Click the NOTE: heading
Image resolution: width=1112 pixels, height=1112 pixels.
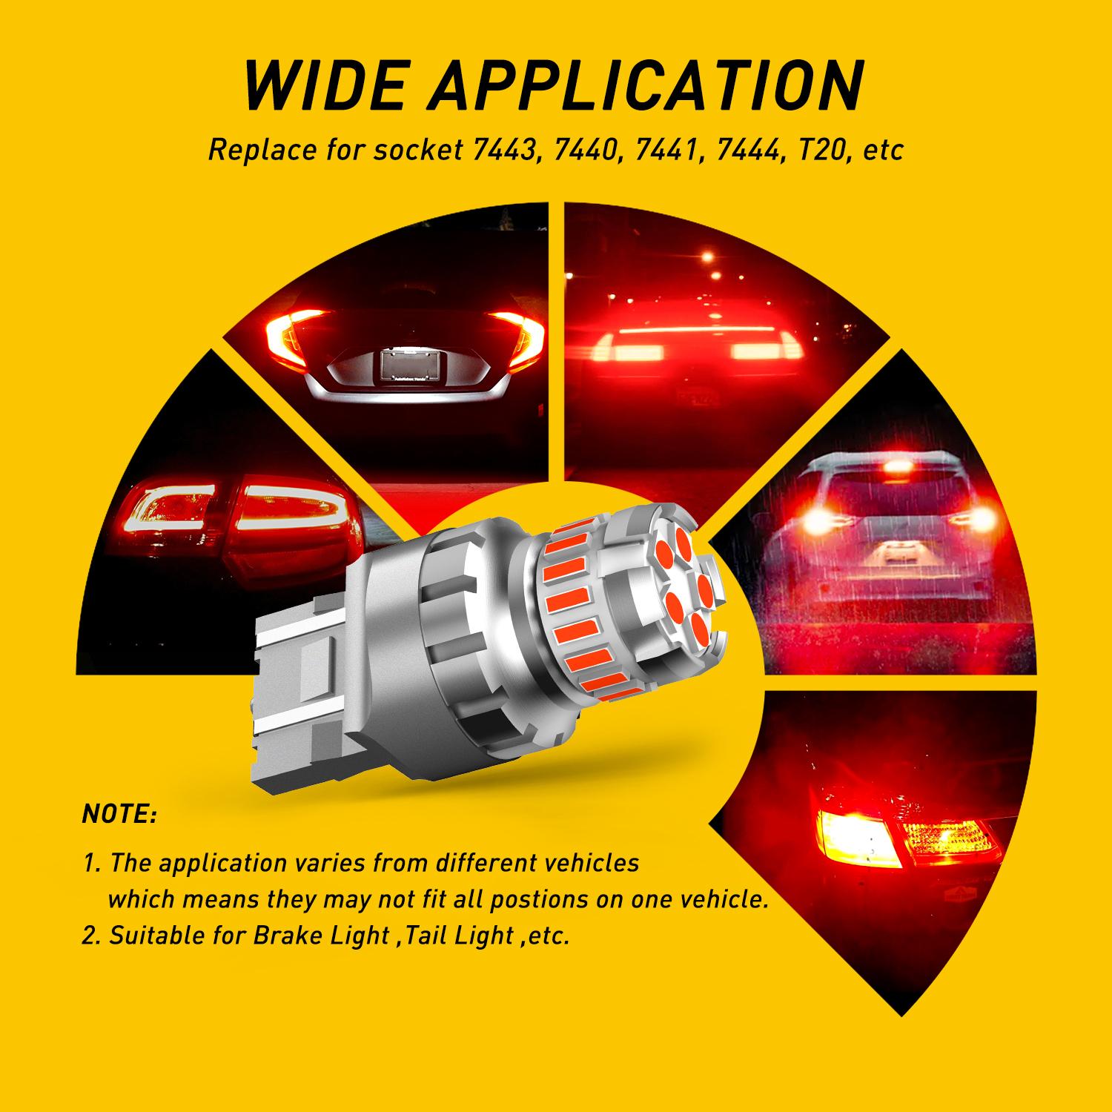119,815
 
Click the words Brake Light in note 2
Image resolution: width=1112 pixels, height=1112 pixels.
320,936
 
